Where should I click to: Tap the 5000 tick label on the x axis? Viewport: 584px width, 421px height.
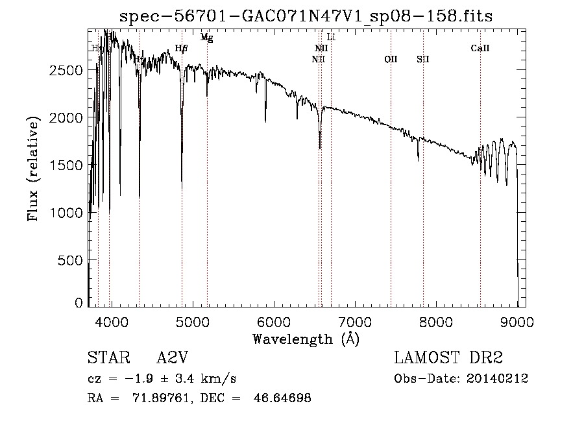click(192, 320)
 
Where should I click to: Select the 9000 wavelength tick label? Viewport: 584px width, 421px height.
click(517, 320)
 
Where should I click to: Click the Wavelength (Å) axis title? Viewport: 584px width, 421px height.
click(306, 339)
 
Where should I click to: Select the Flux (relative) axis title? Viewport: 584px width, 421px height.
click(33, 168)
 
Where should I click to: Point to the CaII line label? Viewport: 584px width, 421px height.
click(480, 48)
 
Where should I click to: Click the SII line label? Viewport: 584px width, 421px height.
click(423, 59)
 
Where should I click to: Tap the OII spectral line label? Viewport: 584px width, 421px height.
click(391, 59)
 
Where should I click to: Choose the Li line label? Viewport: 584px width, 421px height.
click(331, 37)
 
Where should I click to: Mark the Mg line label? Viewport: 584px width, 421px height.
click(206, 38)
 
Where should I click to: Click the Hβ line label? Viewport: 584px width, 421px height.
click(182, 48)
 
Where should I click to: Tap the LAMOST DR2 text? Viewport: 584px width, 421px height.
click(448, 358)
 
